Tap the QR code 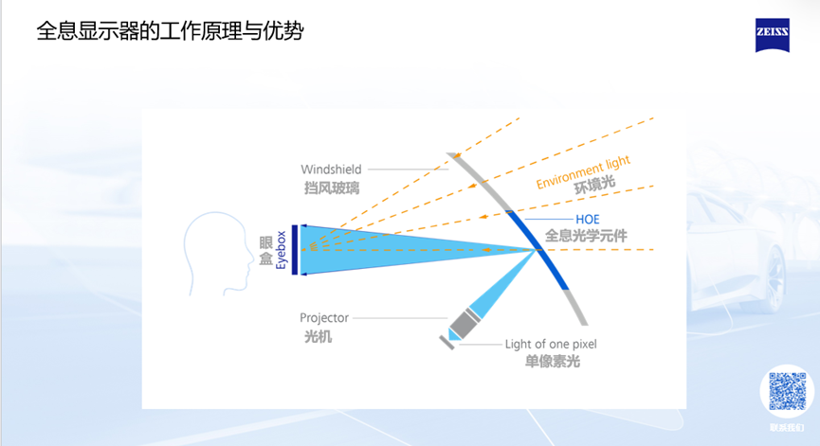tap(787, 392)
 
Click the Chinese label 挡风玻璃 tap(331, 187)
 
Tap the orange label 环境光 tap(596, 188)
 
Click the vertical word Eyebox tap(282, 248)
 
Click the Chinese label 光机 tap(316, 336)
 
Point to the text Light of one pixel tap(551, 344)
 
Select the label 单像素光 tap(553, 362)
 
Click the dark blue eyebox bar tap(296, 249)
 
